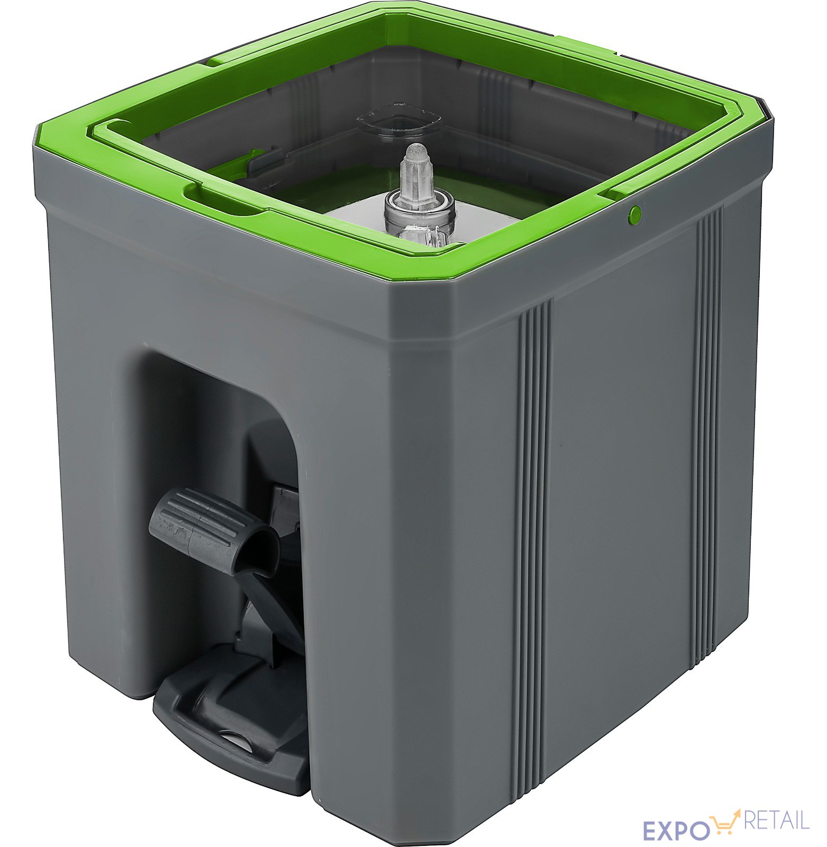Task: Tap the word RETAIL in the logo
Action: pos(777,820)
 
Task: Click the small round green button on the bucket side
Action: pos(635,214)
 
